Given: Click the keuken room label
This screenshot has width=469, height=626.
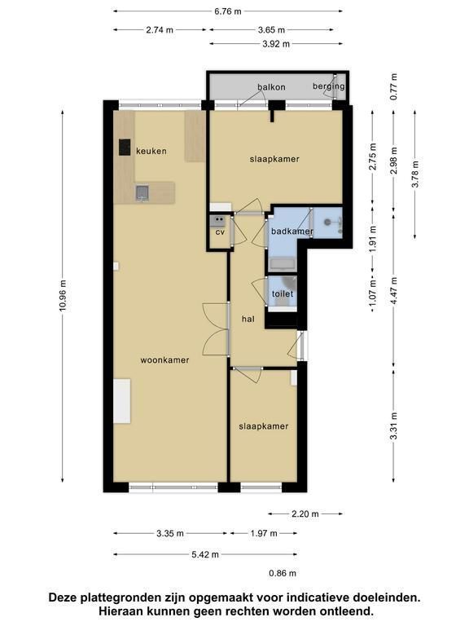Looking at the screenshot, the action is click(151, 151).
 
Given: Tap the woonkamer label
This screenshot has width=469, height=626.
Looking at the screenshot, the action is click(164, 359).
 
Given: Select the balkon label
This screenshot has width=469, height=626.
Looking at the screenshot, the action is click(271, 87).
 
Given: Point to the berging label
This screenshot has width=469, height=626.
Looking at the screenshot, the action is click(329, 86).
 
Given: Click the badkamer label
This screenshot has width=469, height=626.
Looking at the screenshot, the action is click(292, 231).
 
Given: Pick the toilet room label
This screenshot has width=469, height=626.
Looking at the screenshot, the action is click(283, 293).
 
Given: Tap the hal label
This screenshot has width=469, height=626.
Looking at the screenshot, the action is click(248, 319).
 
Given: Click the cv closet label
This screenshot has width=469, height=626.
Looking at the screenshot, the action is click(220, 231).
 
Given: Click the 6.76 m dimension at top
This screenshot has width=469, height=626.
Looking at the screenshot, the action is click(228, 11).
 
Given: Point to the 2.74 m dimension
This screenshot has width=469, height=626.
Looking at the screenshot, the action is click(160, 29).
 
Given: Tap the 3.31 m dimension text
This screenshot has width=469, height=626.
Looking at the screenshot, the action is click(393, 425).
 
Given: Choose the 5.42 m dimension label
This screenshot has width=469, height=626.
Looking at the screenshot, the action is click(205, 554).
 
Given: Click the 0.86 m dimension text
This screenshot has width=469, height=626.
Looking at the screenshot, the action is click(283, 573).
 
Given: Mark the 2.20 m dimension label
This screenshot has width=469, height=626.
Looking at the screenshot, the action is click(305, 514).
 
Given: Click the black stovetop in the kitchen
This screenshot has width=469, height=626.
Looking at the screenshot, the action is click(125, 147).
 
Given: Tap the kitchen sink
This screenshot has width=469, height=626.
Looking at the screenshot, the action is click(142, 193).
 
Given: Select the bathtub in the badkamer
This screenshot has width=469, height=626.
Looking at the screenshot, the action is click(283, 263).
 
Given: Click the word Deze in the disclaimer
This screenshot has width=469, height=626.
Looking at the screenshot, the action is click(64, 597).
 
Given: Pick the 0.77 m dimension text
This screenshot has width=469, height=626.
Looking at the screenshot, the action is click(393, 86).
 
